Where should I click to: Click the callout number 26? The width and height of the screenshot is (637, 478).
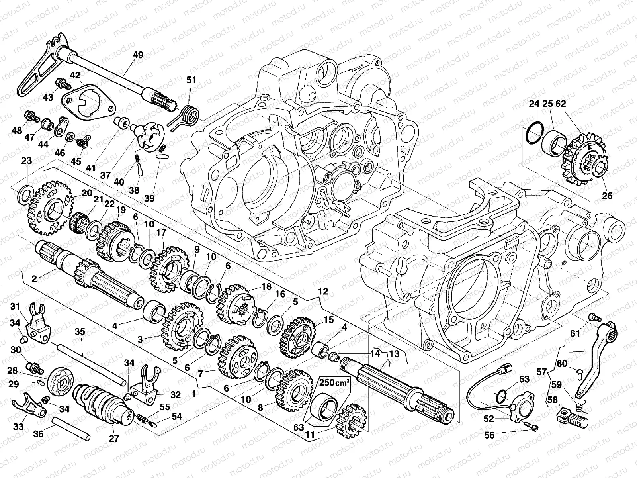607,196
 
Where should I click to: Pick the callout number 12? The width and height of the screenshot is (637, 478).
323,292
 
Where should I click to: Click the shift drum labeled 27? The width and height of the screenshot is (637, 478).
102,404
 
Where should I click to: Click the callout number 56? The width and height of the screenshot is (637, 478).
489,435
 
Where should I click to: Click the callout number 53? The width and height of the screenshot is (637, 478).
524,379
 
